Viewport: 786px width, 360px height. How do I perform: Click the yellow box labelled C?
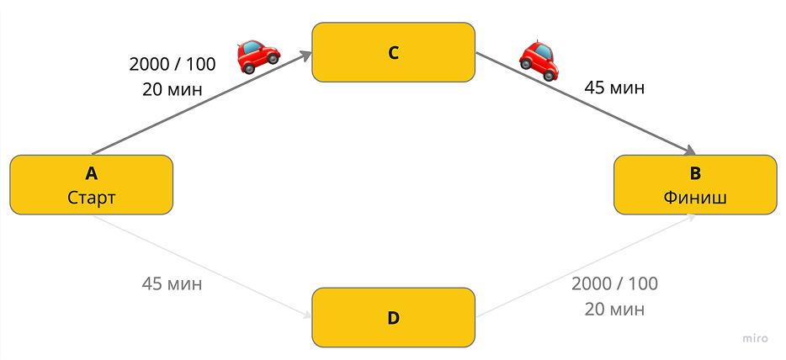(393, 52)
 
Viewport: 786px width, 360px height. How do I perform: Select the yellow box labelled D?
(393, 318)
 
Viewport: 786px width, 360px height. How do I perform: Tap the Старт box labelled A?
(91, 185)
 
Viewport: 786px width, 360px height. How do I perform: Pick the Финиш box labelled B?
(694, 185)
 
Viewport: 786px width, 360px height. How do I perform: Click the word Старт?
(91, 198)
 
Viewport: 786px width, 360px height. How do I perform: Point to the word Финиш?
(694, 198)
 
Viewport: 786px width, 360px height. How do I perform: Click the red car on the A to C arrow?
(258, 56)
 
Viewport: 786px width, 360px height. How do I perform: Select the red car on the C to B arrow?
(539, 59)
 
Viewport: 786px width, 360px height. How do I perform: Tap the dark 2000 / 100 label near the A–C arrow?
(173, 64)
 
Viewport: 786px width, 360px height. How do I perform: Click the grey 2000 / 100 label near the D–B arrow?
(614, 283)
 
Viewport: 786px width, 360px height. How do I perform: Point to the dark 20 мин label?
(173, 89)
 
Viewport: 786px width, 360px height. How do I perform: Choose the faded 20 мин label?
(614, 309)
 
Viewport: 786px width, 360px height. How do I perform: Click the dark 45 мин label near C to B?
(614, 87)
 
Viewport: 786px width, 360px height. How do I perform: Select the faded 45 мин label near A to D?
(172, 283)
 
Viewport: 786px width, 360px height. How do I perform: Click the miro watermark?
(755, 338)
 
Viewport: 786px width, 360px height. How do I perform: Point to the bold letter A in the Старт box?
(91, 174)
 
